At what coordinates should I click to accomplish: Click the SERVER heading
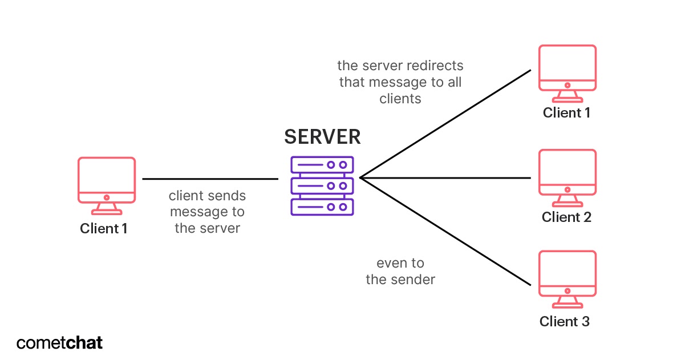tap(322, 137)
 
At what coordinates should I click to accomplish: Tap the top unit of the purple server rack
tap(322, 165)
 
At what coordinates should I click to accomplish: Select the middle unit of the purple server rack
tap(322, 186)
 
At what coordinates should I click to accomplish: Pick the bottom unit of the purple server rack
tap(322, 207)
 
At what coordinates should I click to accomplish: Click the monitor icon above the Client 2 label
tap(568, 178)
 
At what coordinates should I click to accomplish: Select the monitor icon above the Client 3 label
tap(568, 279)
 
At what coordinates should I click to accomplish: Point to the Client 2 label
tap(566, 217)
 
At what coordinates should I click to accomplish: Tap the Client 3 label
tap(565, 321)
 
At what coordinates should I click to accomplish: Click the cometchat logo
tap(60, 343)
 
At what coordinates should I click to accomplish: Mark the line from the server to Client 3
tap(445, 232)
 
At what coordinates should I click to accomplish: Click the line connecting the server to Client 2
tap(445, 177)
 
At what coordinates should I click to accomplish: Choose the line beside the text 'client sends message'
tap(210, 179)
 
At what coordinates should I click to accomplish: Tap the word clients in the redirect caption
tap(400, 99)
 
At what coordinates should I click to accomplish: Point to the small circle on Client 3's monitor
tap(568, 291)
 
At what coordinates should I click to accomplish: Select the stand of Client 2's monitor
tap(568, 200)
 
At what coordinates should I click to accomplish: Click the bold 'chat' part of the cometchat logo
tap(84, 343)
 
